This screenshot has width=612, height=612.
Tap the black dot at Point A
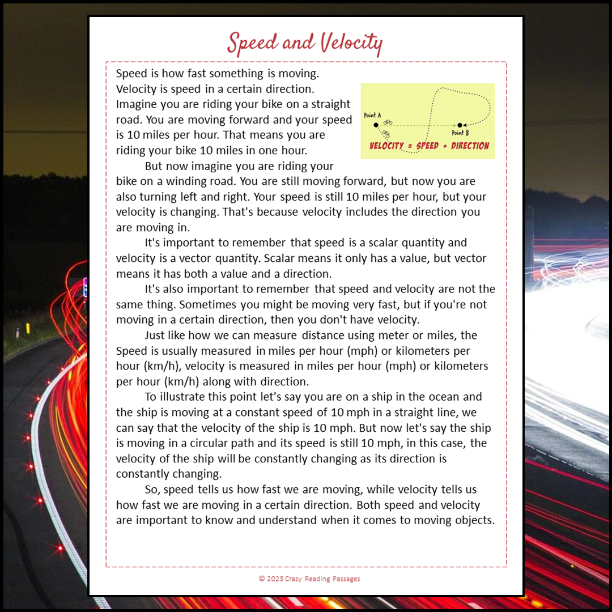click(x=376, y=125)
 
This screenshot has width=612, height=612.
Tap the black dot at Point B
click(x=460, y=125)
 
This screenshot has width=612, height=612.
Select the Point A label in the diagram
click(x=372, y=115)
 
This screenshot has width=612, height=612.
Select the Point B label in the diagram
click(x=460, y=133)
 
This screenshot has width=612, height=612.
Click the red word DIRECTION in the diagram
click(x=470, y=146)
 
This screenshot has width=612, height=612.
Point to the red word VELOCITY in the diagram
click(x=387, y=146)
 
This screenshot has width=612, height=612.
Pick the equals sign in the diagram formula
click(x=410, y=146)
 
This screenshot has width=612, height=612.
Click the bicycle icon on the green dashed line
click(x=388, y=122)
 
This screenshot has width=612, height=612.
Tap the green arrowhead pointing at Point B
click(x=454, y=125)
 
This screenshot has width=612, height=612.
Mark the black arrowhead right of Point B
click(x=465, y=125)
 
